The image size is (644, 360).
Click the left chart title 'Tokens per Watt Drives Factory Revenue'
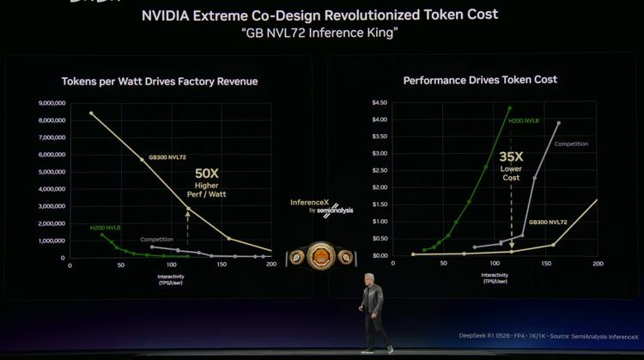pyautogui.click(x=159, y=82)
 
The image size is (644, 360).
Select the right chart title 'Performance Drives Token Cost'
pyautogui.click(x=480, y=80)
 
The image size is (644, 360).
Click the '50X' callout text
pyautogui.click(x=207, y=174)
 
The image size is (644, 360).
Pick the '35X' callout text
pyautogui.click(x=512, y=156)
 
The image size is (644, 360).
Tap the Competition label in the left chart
pyautogui.click(x=156, y=240)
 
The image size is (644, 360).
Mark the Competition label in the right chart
pyautogui.click(x=570, y=143)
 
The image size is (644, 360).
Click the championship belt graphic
pyautogui.click(x=320, y=254)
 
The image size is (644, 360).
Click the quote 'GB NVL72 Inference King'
pyautogui.click(x=319, y=32)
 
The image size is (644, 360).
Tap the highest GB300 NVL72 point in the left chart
pyautogui.click(x=91, y=113)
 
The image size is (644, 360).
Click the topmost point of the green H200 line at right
pyautogui.click(x=509, y=108)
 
